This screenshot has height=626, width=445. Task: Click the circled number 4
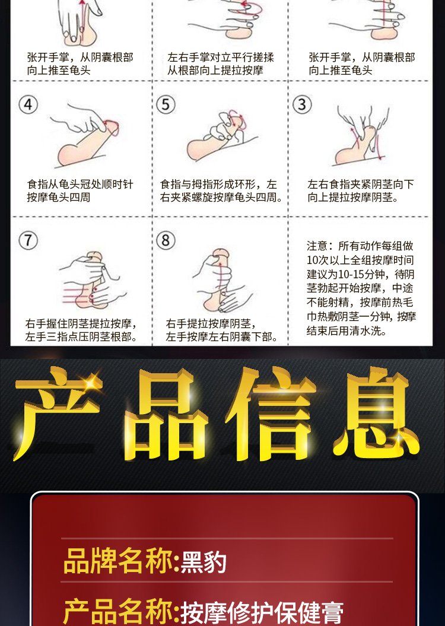point(28,104)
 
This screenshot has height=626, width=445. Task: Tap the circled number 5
point(166,104)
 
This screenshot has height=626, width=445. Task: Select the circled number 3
point(302,104)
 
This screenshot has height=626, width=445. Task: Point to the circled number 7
point(28,241)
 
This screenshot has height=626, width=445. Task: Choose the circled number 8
point(166,241)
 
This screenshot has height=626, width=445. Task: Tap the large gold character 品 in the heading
point(164,415)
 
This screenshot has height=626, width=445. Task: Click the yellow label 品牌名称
point(118,561)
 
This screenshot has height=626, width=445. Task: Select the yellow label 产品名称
point(118,611)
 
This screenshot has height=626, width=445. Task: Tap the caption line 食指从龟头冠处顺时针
point(80,184)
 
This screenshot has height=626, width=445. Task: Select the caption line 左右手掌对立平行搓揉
point(221,57)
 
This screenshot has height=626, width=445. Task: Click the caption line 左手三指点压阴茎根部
point(81,336)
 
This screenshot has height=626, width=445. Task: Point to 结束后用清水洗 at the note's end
point(347,331)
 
